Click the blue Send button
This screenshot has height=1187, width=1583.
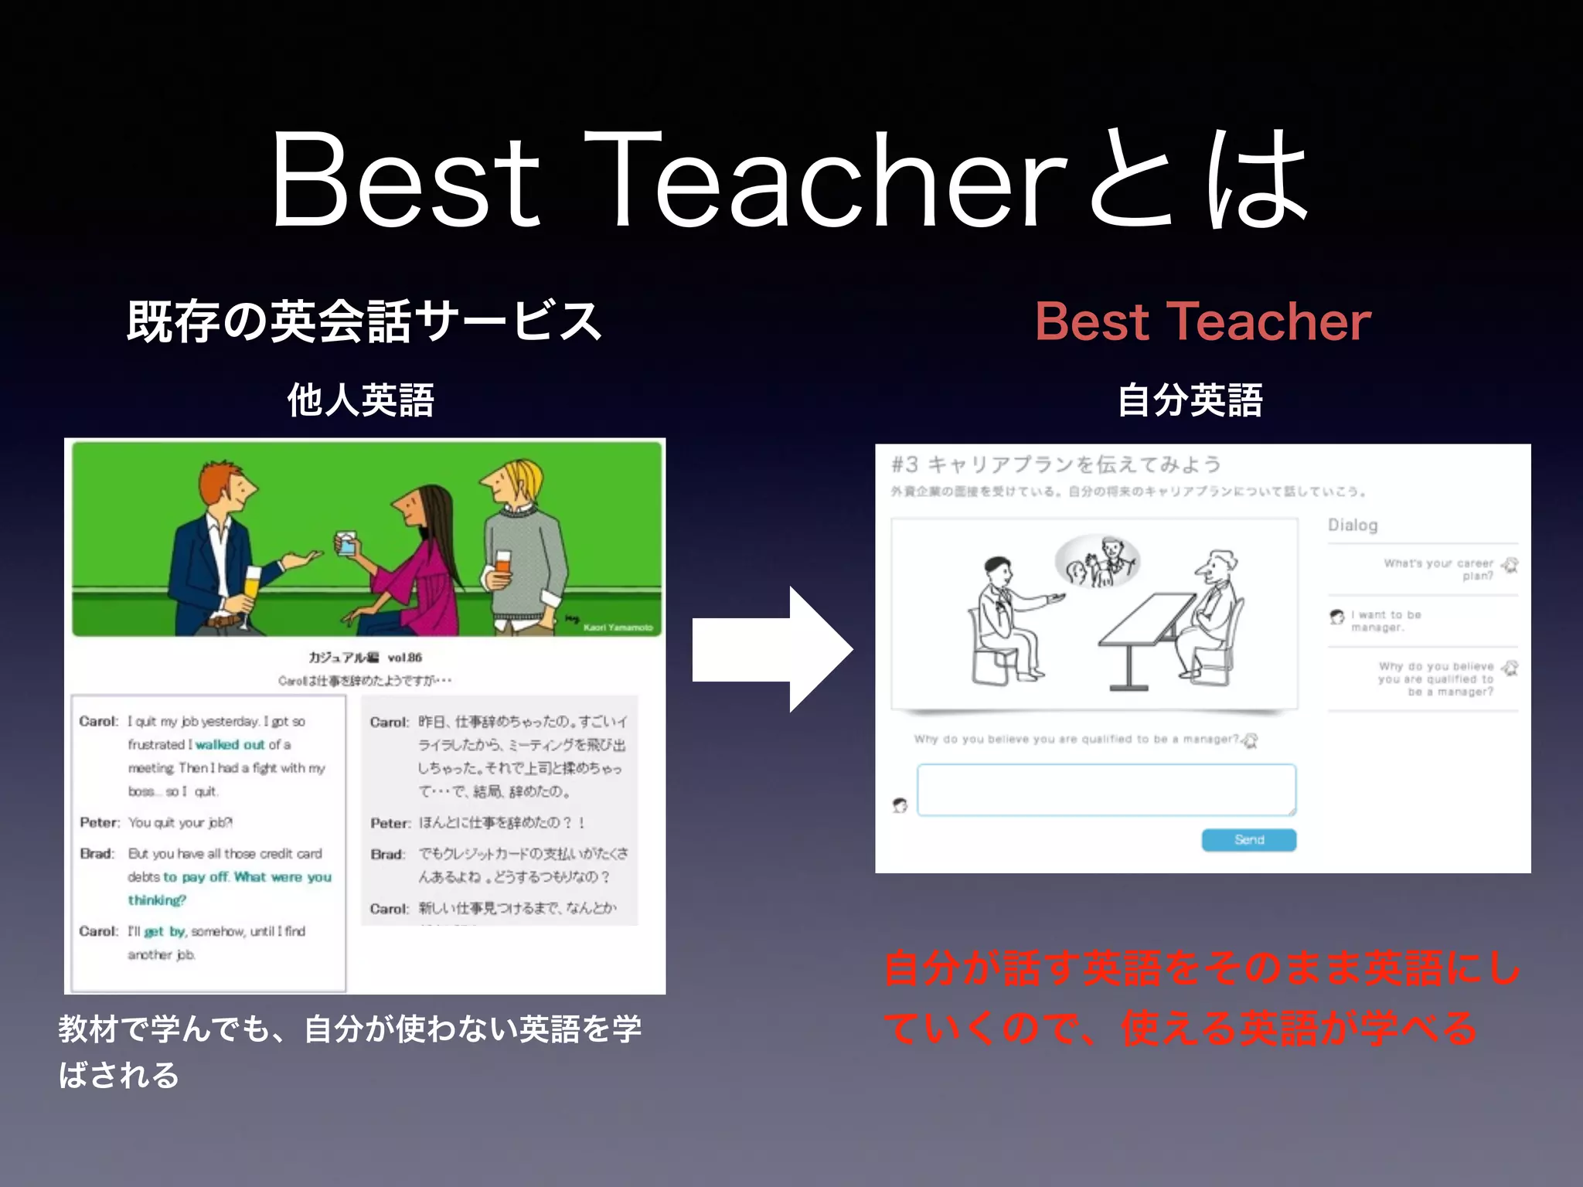coord(1248,840)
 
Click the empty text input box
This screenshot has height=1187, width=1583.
coord(1106,790)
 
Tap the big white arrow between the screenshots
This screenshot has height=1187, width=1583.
coord(773,649)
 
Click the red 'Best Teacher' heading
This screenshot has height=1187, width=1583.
coord(1203,321)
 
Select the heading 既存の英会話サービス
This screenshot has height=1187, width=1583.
coord(363,321)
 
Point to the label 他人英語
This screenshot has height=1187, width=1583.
coord(360,400)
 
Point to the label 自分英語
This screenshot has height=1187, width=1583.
coord(1190,400)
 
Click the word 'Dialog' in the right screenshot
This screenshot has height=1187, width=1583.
coord(1353,525)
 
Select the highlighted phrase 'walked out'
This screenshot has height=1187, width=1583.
coord(230,745)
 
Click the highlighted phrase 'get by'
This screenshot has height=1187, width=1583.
coord(165,931)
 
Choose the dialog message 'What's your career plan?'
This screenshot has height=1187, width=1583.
coord(1438,570)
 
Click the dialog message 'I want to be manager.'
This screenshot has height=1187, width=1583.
coord(1386,621)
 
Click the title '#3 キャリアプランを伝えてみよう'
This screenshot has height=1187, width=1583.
coord(1056,464)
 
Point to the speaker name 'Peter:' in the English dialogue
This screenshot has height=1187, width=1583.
coord(100,823)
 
